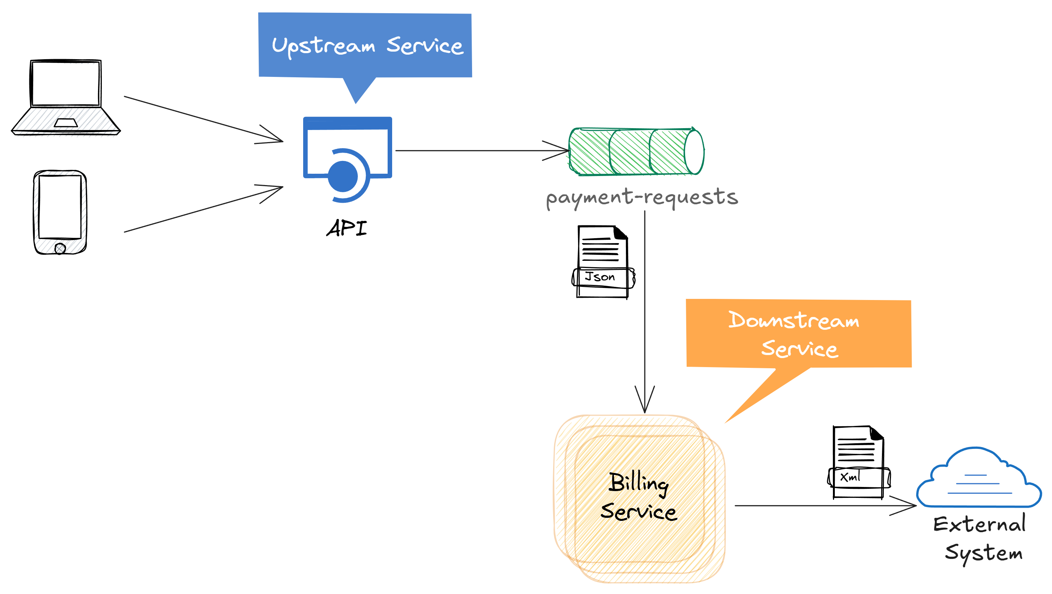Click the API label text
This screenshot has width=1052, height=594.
click(347, 228)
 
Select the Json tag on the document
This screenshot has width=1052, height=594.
click(600, 277)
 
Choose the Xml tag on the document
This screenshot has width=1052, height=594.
click(851, 476)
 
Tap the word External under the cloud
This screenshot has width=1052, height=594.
click(979, 524)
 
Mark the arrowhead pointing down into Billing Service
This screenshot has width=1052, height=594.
click(644, 402)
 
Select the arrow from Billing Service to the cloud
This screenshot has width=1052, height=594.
click(817, 505)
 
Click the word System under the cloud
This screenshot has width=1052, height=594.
click(983, 553)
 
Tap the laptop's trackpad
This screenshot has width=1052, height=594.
click(66, 123)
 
